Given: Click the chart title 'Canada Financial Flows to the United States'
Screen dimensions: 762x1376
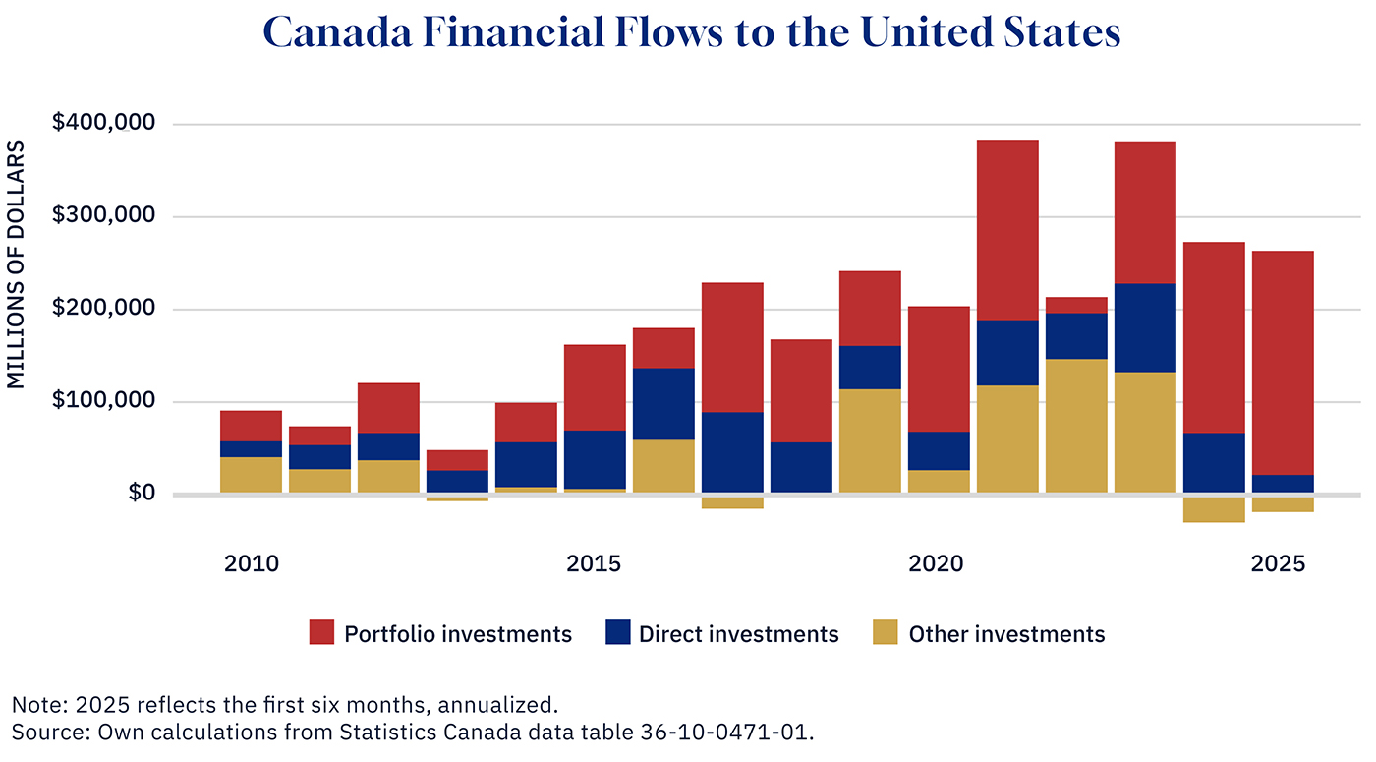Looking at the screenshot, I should tap(692, 33).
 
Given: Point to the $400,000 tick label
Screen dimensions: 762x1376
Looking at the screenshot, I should tap(104, 124).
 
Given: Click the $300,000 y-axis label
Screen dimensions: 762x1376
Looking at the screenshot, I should tap(104, 216).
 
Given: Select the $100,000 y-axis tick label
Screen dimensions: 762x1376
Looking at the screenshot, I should tap(104, 401).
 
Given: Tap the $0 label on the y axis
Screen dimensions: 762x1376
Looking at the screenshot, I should tap(143, 493).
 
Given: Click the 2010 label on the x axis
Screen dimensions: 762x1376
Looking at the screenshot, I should tap(251, 564).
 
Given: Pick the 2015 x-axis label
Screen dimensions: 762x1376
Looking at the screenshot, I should tap(594, 564).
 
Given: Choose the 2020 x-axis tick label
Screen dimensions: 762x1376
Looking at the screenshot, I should tap(936, 564).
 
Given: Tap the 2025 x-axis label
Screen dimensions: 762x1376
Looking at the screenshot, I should tap(1278, 564).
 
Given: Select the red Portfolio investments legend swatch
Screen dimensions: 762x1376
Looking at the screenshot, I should tap(322, 633).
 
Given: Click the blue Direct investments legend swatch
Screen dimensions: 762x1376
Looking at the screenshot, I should tap(617, 633).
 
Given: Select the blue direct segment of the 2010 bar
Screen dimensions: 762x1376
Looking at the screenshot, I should tap(251, 449).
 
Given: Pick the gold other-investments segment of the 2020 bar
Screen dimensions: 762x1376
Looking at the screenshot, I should tap(939, 481).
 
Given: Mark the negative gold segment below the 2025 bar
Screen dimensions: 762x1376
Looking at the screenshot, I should tap(1283, 503).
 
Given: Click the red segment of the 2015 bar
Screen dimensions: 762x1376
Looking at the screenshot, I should tap(595, 387).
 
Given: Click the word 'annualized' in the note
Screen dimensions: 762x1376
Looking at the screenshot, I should tap(496, 705).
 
